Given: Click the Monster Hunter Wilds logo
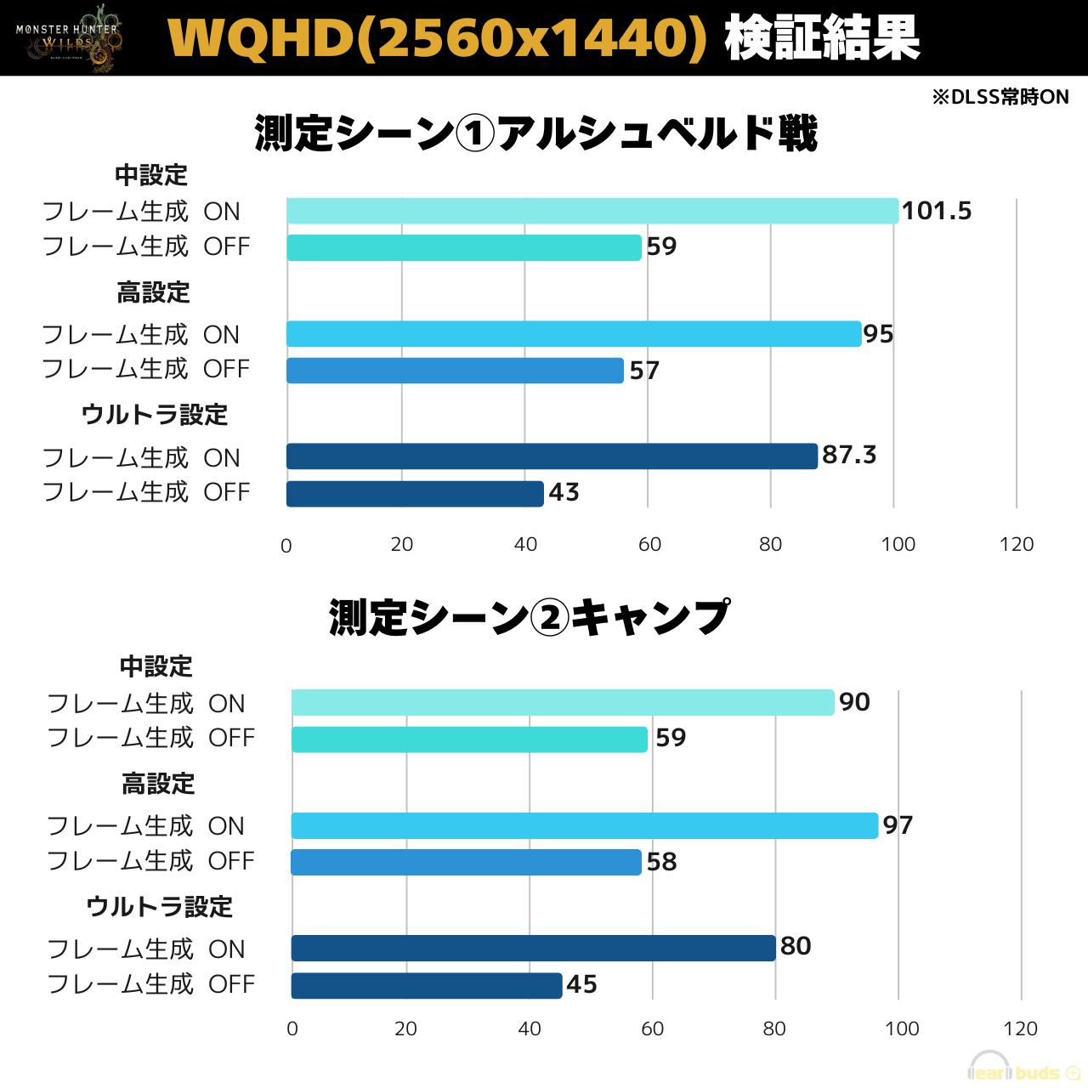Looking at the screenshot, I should (x=68, y=38).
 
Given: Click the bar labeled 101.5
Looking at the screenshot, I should (x=592, y=211).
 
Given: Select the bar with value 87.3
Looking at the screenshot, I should (x=552, y=456).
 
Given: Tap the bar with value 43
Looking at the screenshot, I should (x=415, y=494).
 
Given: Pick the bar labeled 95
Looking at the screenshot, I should (x=574, y=334).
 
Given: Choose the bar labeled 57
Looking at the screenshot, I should (x=455, y=371).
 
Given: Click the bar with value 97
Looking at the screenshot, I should (x=584, y=825).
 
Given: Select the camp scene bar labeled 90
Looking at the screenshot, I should (x=563, y=702).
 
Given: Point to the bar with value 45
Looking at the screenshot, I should (x=427, y=985).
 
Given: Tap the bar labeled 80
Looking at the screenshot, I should (x=533, y=948).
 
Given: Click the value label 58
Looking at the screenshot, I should (x=661, y=862).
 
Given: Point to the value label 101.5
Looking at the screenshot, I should (x=936, y=211).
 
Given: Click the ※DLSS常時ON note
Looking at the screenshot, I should (x=1000, y=97).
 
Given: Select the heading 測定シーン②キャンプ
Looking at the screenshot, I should (x=529, y=618).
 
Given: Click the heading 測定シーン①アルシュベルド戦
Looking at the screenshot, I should (x=535, y=133).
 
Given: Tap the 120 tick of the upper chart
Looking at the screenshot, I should (x=1017, y=545).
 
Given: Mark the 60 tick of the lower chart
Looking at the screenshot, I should (x=652, y=1028).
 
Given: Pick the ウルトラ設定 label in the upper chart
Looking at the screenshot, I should (x=155, y=415).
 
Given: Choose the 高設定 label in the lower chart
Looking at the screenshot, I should (x=158, y=784).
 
